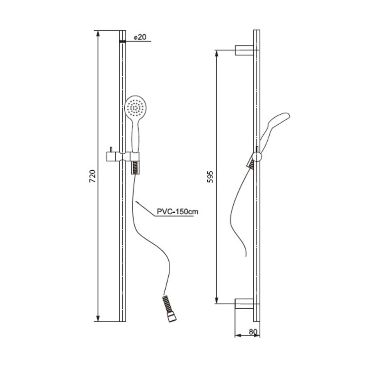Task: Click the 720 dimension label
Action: pyautogui.click(x=93, y=176)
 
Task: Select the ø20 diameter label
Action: pyautogui.click(x=140, y=37)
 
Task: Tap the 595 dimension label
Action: pyautogui.click(x=210, y=177)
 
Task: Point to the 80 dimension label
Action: pyautogui.click(x=253, y=332)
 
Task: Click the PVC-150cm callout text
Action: pyautogui.click(x=177, y=212)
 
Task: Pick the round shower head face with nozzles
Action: pyautogui.click(x=135, y=107)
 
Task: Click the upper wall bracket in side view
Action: pyautogui.click(x=244, y=50)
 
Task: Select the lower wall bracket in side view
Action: pyautogui.click(x=244, y=304)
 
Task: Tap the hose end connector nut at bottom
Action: pyautogui.click(x=172, y=317)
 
